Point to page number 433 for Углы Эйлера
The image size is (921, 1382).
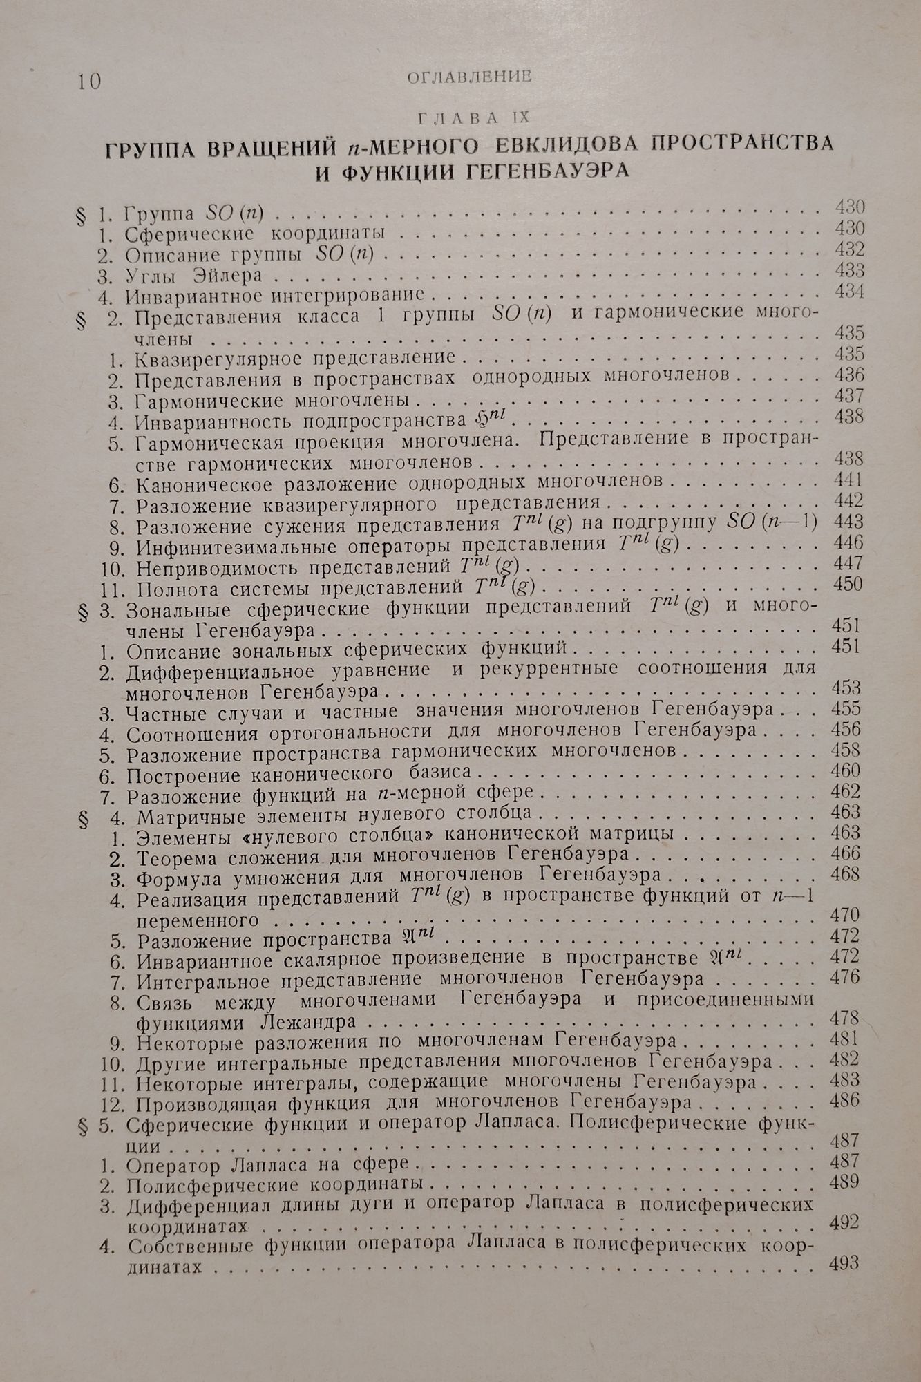849,269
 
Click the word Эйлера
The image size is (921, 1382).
230,275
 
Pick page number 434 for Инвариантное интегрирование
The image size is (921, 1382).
849,291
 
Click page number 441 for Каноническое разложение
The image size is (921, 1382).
849,479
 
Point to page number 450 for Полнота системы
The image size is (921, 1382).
849,584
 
